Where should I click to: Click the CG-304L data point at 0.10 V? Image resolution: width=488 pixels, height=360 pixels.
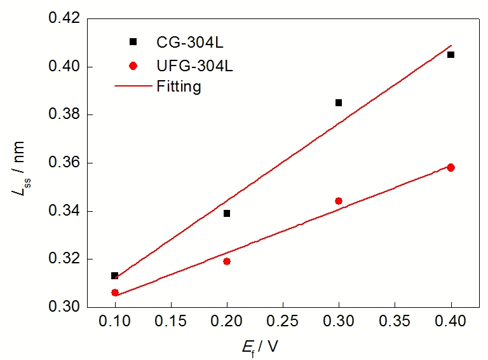114,275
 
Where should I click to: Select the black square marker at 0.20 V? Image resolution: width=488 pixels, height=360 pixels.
227,214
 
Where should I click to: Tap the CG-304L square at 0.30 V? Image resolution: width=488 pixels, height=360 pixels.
339,102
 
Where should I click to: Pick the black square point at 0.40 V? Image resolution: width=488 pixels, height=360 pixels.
451,55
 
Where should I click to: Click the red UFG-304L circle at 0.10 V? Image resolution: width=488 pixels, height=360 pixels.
115,293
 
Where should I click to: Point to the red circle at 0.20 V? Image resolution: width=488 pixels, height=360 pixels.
227,261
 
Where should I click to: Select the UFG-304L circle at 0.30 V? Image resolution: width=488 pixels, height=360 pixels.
339,201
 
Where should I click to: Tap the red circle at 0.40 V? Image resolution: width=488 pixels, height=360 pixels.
451,167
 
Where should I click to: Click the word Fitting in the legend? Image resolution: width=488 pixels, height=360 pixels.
179,87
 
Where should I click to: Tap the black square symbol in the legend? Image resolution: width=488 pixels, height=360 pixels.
133,42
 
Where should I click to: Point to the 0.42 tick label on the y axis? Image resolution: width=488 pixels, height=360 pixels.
64,18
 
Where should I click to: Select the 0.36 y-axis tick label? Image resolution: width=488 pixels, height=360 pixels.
64,163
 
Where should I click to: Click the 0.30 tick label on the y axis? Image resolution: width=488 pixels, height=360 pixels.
64,307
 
